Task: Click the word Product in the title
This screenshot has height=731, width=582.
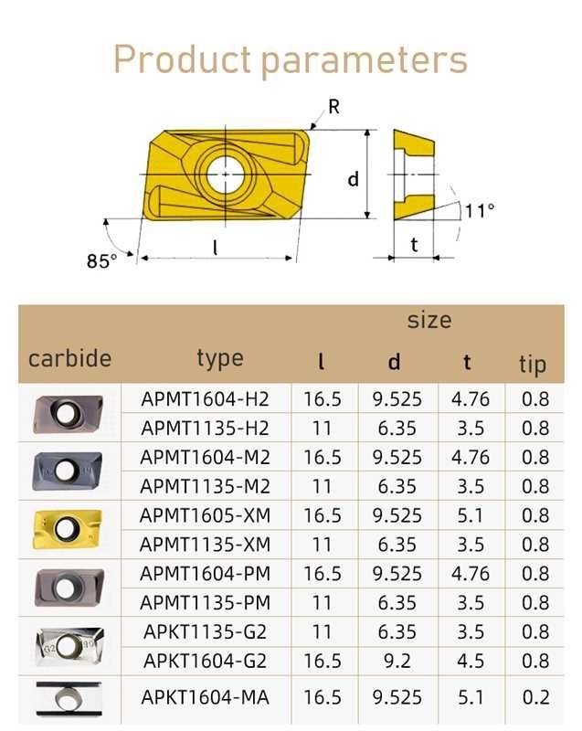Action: pos(182,58)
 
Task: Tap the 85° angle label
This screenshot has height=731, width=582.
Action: pos(101,260)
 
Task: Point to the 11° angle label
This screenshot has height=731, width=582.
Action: pos(480,211)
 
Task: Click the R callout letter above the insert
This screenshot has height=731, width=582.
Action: pos(333,107)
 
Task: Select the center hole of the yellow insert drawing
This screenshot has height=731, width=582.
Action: pos(226,174)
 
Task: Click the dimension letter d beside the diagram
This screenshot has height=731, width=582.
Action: pos(354,178)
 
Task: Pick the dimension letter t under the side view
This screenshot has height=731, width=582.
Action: pos(414,244)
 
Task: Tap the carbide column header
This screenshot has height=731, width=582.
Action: pos(70,358)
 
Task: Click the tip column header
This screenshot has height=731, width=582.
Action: pos(533,364)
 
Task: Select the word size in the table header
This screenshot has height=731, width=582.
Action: pos(429,320)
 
